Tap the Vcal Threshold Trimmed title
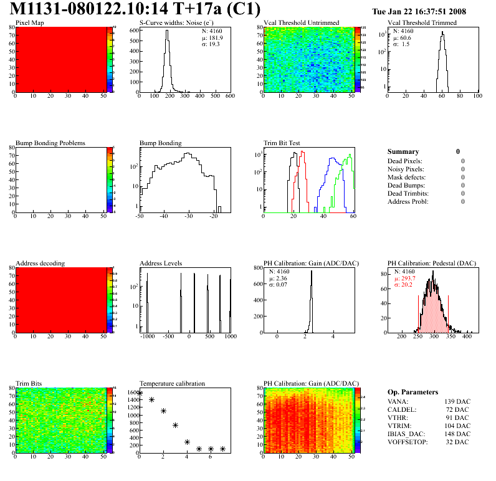[x=422, y=23]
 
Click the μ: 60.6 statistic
[x=402, y=37]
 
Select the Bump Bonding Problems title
[x=50, y=143]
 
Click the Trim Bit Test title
[x=282, y=143]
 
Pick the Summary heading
[x=403, y=151]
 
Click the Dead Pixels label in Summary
[x=406, y=161]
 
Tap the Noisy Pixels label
[x=406, y=169]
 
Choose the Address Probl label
[x=408, y=201]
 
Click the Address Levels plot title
[x=161, y=264]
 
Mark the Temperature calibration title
[x=172, y=383]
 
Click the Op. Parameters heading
[x=413, y=392]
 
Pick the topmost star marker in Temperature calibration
[x=140, y=393]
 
